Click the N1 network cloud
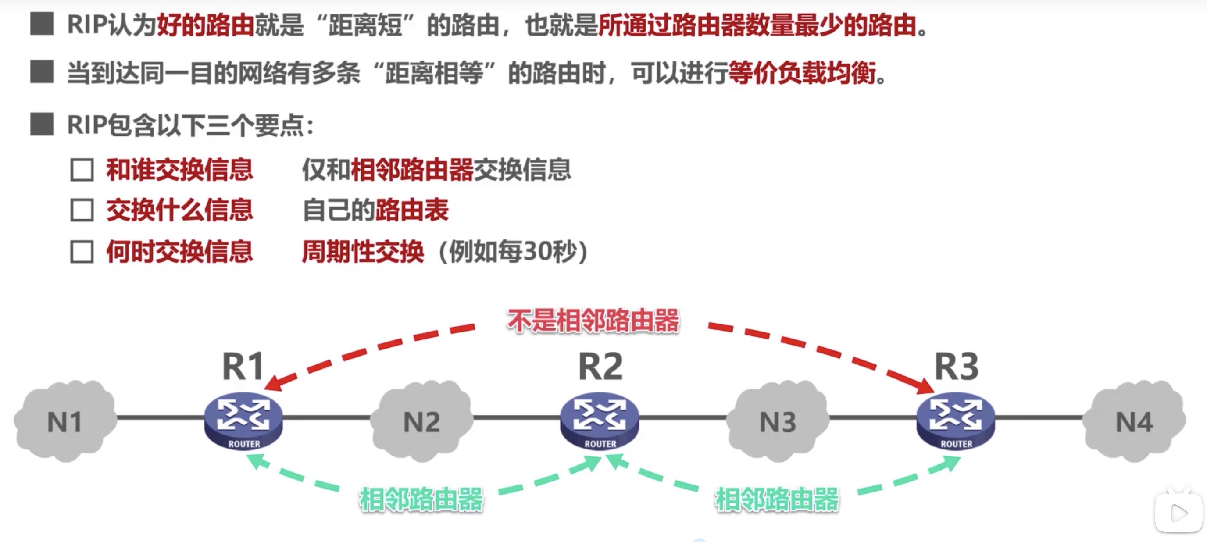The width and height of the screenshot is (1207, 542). click(x=65, y=421)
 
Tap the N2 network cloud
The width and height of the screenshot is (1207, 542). click(x=421, y=421)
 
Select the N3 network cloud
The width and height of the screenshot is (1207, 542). click(x=777, y=421)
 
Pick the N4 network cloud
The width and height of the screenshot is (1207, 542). click(x=1134, y=421)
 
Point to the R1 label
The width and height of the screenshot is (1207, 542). click(x=243, y=366)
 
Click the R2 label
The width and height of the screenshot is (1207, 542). click(x=600, y=366)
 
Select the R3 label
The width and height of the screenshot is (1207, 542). click(x=956, y=366)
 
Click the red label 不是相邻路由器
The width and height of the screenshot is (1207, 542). click(x=593, y=321)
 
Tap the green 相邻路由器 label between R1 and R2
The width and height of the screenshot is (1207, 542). click(x=421, y=499)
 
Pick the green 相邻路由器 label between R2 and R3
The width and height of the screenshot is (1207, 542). click(x=777, y=499)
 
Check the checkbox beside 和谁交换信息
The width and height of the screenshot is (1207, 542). click(x=82, y=170)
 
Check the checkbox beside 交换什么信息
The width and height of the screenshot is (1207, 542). click(x=82, y=210)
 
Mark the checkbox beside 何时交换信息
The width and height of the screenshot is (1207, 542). click(x=82, y=252)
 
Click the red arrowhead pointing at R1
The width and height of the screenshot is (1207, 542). click(x=274, y=384)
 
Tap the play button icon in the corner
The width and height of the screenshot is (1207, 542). click(x=1179, y=513)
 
